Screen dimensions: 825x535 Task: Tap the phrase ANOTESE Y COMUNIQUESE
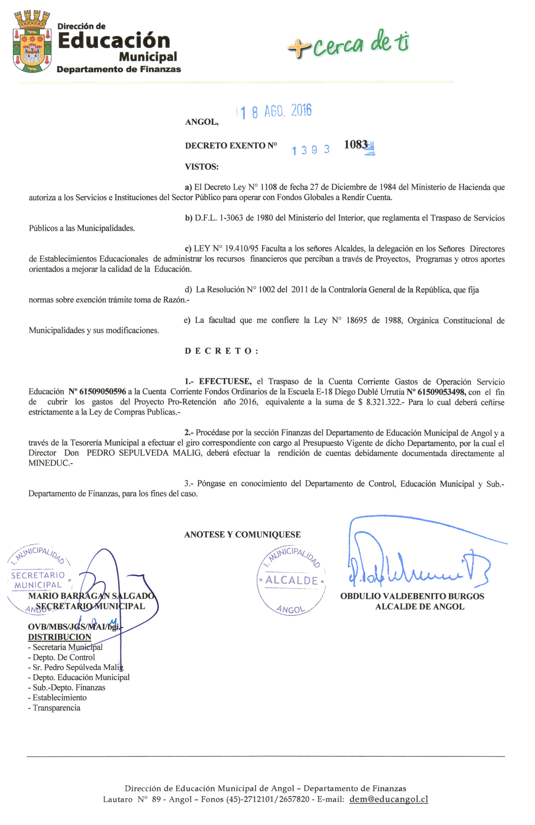tap(242, 534)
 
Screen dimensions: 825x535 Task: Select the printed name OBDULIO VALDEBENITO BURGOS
tap(412, 596)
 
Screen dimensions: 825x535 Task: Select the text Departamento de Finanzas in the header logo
tap(119, 69)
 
